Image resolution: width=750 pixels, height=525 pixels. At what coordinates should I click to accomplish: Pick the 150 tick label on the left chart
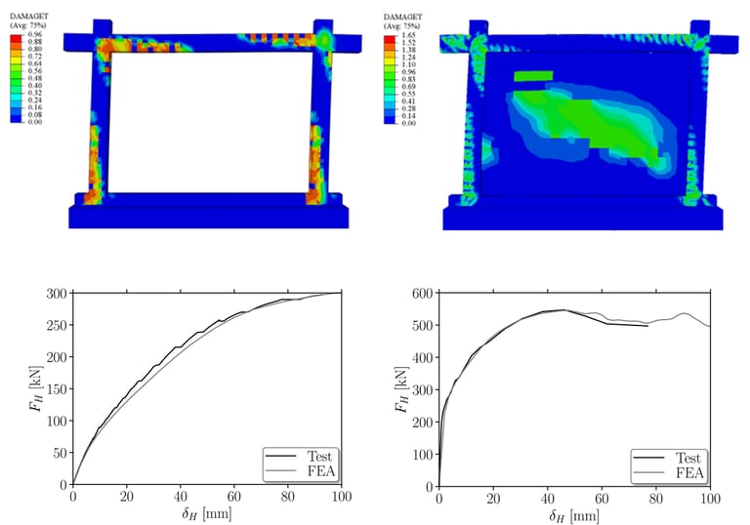point(56,388)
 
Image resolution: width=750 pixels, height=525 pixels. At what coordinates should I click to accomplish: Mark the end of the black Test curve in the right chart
point(647,326)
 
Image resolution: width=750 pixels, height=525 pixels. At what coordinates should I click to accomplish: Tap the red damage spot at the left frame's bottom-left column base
point(85,196)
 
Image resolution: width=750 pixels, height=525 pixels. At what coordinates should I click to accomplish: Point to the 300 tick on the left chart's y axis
point(56,293)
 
